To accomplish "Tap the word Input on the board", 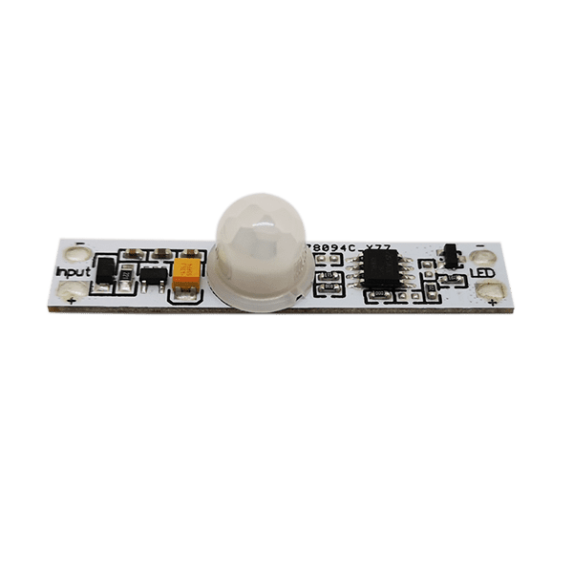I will (x=74, y=272).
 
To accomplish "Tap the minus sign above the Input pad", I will (x=76, y=244).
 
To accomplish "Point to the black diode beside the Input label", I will (x=103, y=271).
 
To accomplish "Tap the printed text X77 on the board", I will (x=375, y=246).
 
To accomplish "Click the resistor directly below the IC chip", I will (x=377, y=297).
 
